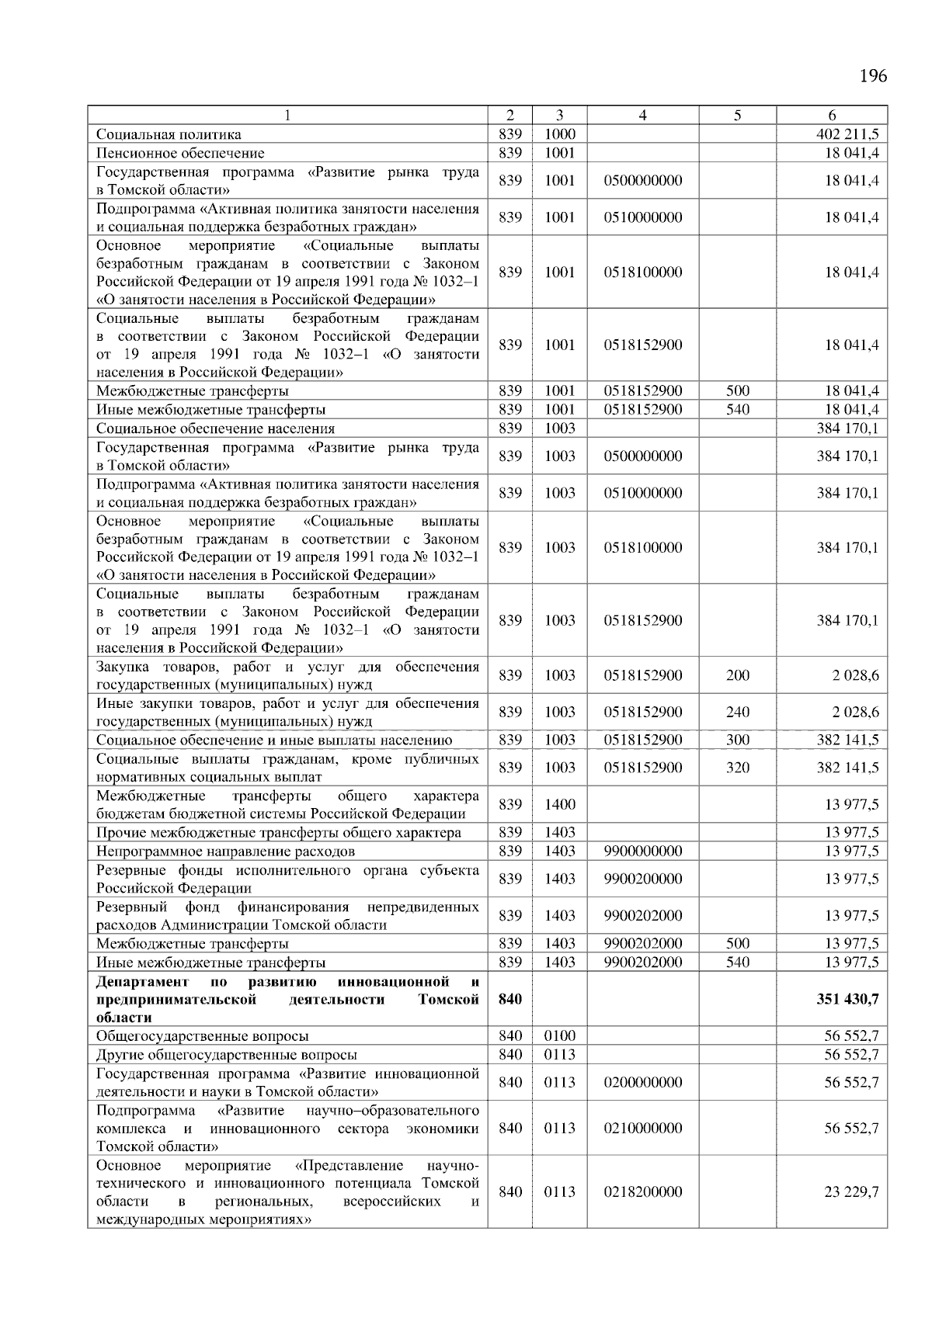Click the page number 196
873,75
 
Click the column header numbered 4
642,116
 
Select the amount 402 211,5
847,134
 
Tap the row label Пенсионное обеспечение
180,153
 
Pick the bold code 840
509,998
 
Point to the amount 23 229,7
851,1191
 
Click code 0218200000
642,1191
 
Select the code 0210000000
642,1128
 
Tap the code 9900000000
642,851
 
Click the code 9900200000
642,879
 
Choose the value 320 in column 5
737,768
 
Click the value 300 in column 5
737,740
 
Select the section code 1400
559,804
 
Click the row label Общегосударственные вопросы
202,1035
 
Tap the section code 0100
559,1035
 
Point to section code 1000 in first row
559,134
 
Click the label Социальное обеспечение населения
215,428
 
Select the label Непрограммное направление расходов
225,851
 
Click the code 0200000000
642,1082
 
